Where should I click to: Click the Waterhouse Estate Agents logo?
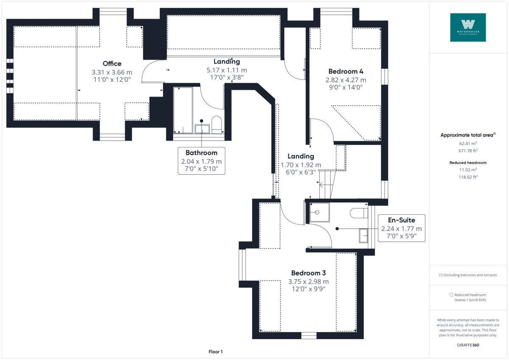[x=468, y=27]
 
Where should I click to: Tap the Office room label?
[x=112, y=64]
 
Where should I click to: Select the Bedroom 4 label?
[x=346, y=71]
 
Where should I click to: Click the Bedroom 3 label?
[x=308, y=273]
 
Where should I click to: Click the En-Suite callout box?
[x=401, y=228]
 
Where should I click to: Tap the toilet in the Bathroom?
[x=216, y=125]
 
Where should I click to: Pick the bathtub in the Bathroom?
[x=183, y=110]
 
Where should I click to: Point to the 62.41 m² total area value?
[x=468, y=143]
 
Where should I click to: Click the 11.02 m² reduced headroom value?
[x=468, y=170]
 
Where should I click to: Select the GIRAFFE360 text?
[x=468, y=345]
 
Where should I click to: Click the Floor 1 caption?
[x=215, y=352]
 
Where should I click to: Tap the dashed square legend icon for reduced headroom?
[x=452, y=295]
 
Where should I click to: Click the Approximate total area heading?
[x=467, y=135]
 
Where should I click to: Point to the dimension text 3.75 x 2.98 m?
[x=308, y=281]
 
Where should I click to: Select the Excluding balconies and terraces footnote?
[x=468, y=275]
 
